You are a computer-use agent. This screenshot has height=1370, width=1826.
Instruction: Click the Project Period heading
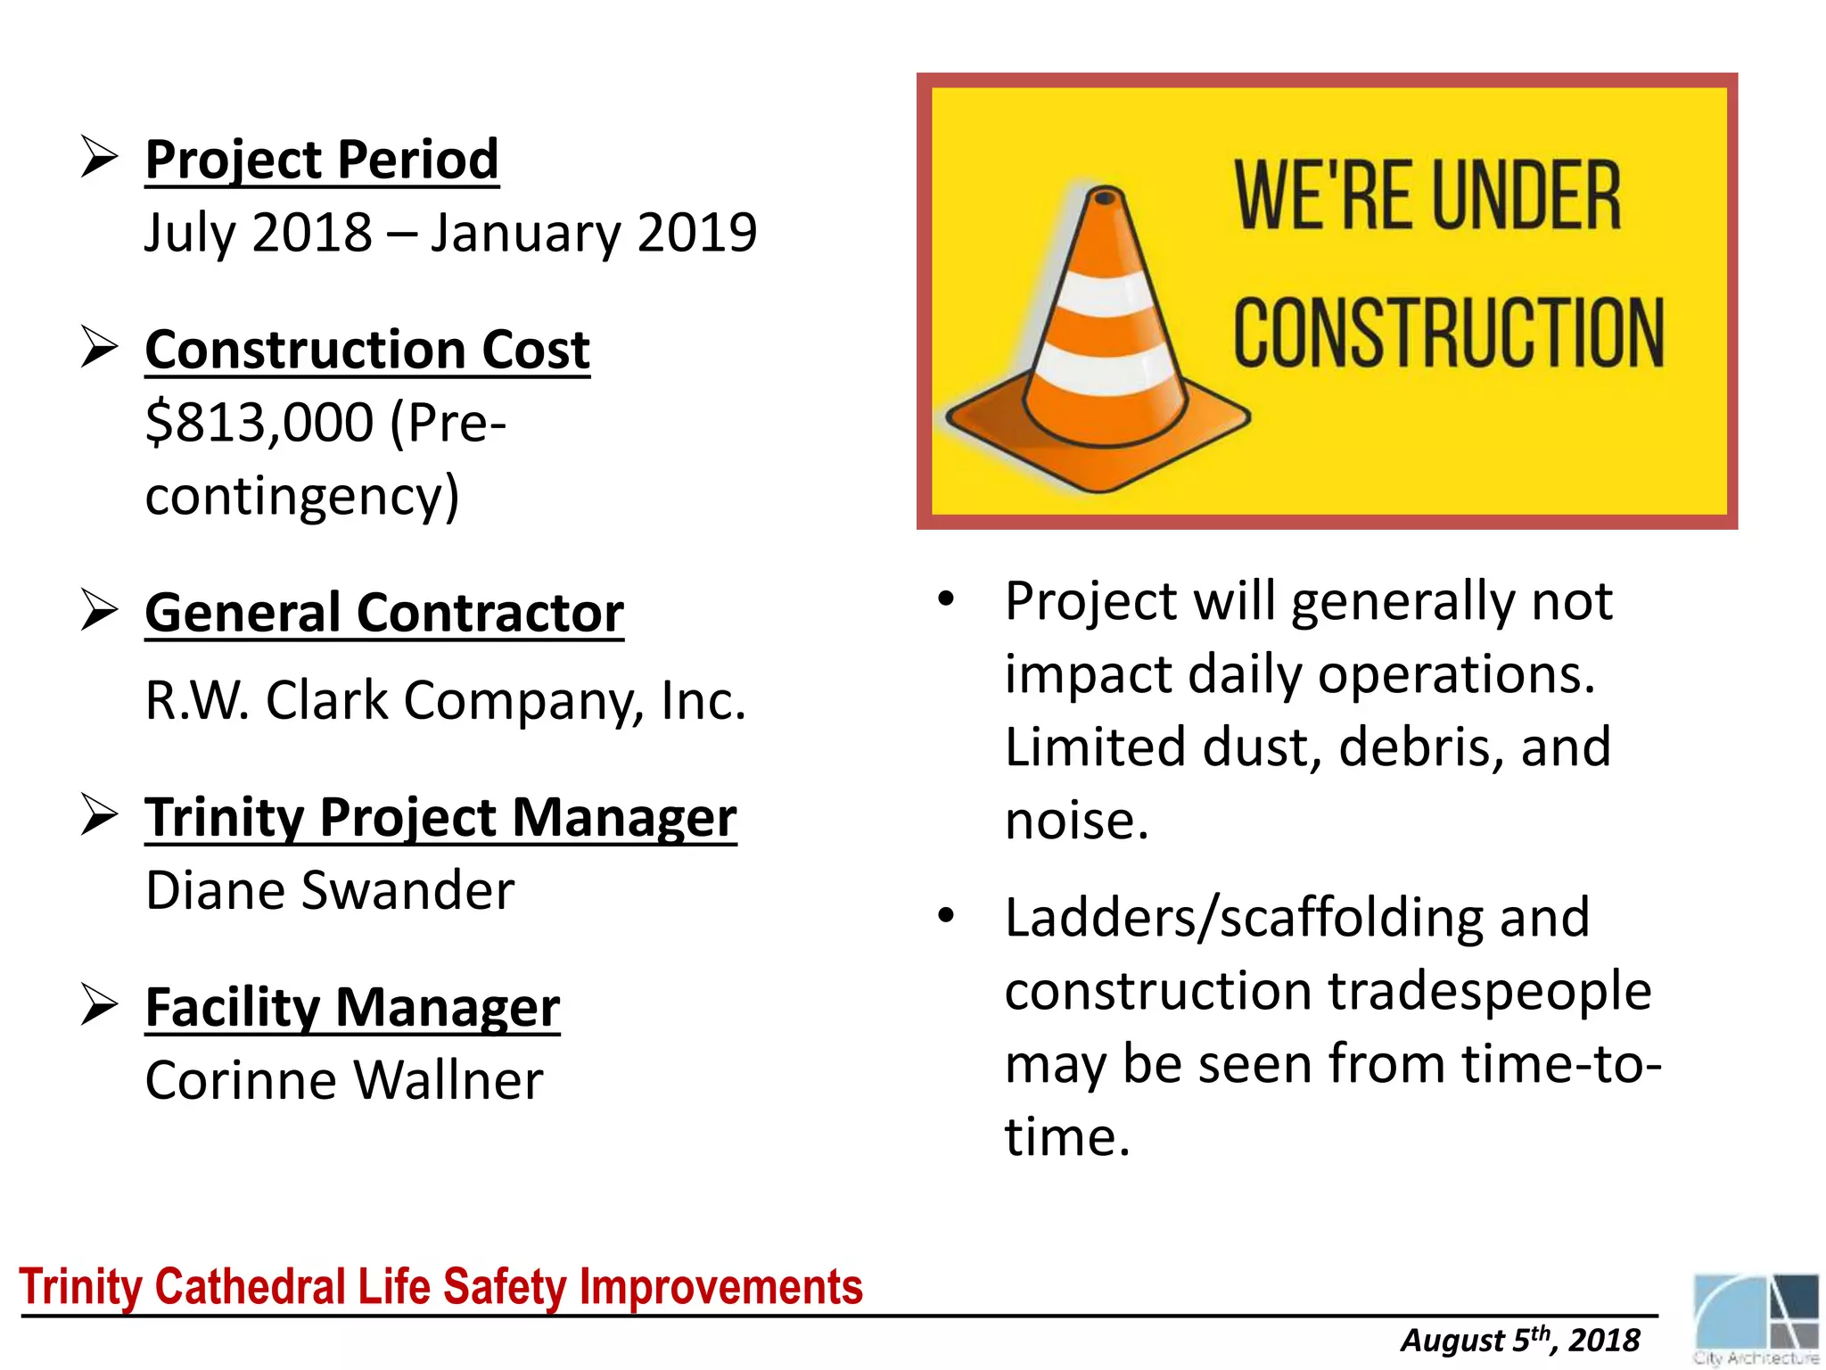[321, 161]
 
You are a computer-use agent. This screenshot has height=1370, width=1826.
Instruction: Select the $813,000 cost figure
[259, 422]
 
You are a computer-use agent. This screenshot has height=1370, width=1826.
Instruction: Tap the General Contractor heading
[383, 614]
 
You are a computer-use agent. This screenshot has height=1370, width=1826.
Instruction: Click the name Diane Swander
[329, 890]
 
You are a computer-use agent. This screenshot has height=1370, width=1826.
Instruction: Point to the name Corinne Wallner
[343, 1080]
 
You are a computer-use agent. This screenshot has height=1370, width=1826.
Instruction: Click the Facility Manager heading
[352, 1008]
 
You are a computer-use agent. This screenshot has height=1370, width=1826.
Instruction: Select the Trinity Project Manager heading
[440, 818]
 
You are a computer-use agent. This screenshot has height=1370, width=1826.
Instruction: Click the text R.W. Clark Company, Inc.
[444, 700]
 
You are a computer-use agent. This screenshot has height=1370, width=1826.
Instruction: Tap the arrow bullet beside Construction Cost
[99, 347]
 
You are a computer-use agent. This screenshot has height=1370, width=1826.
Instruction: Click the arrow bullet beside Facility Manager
[99, 1005]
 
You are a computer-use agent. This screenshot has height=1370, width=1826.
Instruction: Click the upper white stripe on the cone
[1106, 295]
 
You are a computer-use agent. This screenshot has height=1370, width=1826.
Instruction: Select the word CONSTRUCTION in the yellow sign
[1448, 334]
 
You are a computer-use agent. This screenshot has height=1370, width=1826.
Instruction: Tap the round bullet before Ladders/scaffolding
[946, 915]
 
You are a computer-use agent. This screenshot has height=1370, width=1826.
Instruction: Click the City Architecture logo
[1755, 1318]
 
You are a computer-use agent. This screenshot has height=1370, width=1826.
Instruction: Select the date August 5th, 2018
[1519, 1341]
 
